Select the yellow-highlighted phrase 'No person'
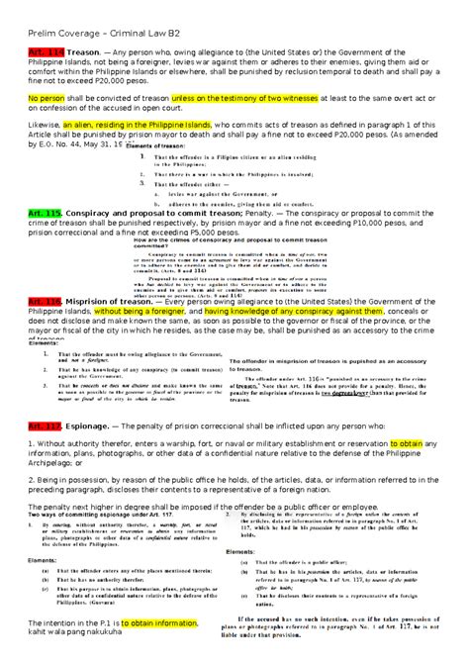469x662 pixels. (47, 99)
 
